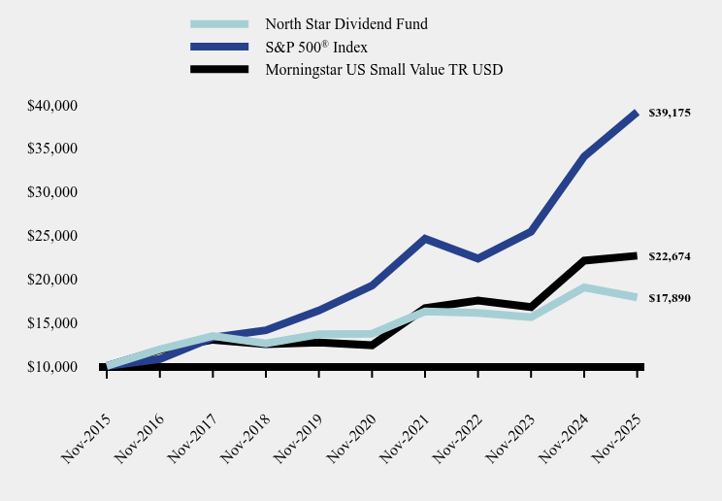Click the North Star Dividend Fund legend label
(x=346, y=23)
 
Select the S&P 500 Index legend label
(x=316, y=47)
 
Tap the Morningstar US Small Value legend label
(x=383, y=69)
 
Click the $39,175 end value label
(x=670, y=113)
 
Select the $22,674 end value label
(x=670, y=256)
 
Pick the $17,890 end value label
(x=670, y=298)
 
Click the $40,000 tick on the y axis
(x=52, y=105)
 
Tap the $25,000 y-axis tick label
(x=52, y=236)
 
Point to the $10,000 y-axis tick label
(x=52, y=367)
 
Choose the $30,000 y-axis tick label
(x=52, y=192)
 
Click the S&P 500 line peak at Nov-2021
(x=425, y=238)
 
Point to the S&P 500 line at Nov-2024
(x=584, y=156)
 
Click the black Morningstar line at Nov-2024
(x=584, y=260)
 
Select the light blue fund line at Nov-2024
(x=584, y=287)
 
